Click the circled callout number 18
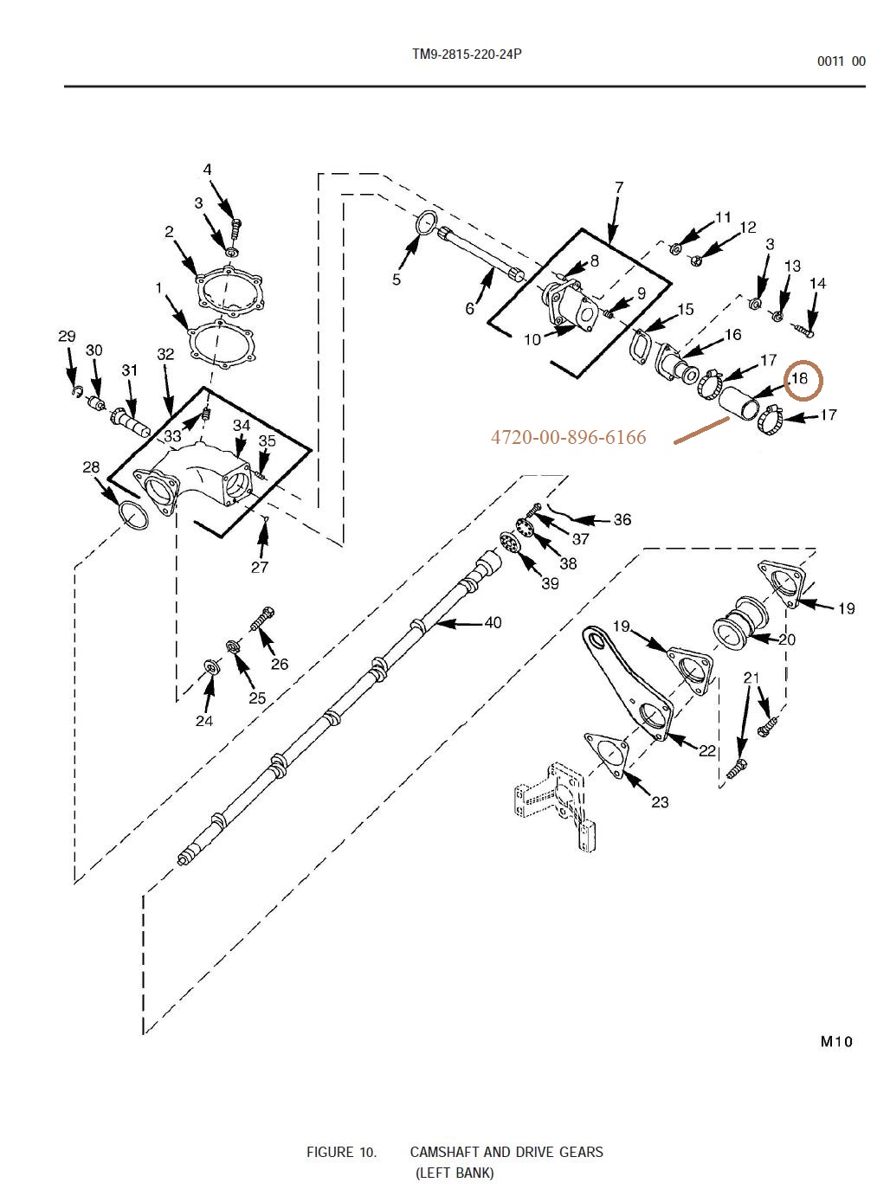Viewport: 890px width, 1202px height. pos(799,378)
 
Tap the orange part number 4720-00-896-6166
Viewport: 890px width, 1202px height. pos(568,438)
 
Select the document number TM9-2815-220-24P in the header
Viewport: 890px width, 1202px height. pos(467,55)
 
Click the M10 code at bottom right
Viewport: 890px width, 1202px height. pos(836,1041)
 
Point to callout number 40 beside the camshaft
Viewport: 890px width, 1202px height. pos(492,622)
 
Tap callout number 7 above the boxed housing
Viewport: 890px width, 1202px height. pos(618,187)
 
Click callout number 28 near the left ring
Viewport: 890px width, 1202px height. pos(91,468)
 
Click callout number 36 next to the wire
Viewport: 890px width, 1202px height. pos(622,519)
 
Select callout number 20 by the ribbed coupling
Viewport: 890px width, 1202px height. pos(786,640)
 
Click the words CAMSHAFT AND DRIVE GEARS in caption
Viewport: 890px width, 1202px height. pos(506,1152)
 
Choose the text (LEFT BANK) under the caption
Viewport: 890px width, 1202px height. pos(455,1173)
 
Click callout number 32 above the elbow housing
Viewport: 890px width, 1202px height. pos(165,354)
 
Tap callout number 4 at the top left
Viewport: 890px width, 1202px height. pos(208,170)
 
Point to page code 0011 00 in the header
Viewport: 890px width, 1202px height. pos(841,61)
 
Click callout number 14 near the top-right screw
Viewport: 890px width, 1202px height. pos(817,284)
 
